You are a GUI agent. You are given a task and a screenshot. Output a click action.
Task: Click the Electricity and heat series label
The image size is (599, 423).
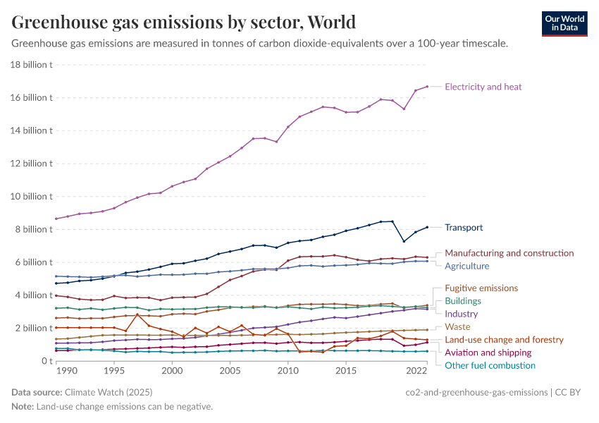pos(483,87)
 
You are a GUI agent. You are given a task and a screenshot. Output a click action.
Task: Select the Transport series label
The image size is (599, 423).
pos(464,228)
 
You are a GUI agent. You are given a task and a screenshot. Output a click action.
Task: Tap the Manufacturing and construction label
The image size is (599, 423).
pos(509,253)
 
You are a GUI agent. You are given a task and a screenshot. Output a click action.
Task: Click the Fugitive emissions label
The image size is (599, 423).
pos(481,288)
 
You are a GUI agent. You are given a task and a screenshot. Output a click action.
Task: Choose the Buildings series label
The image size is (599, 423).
pos(463,301)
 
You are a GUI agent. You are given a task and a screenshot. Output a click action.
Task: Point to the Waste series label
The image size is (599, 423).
pos(457,327)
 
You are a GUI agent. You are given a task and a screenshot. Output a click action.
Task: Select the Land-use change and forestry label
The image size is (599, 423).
pos(504,340)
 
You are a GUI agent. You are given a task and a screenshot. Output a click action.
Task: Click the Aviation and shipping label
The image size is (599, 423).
pos(488,352)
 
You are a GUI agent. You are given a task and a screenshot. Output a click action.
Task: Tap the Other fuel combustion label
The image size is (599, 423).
pos(490,365)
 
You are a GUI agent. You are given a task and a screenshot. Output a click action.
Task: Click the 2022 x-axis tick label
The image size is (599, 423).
pos(416,370)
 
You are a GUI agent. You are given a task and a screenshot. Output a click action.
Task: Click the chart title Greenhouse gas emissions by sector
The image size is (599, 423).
pos(183,22)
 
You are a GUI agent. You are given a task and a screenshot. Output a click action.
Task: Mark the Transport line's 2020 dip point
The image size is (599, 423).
pos(404,241)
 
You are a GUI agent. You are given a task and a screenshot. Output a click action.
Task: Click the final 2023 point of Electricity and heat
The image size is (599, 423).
pos(427,86)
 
